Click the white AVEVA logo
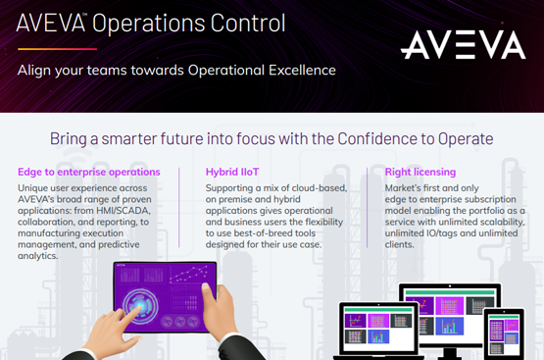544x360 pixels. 462,43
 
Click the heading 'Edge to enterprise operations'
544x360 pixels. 89,172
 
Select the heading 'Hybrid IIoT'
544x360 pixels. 233,172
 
